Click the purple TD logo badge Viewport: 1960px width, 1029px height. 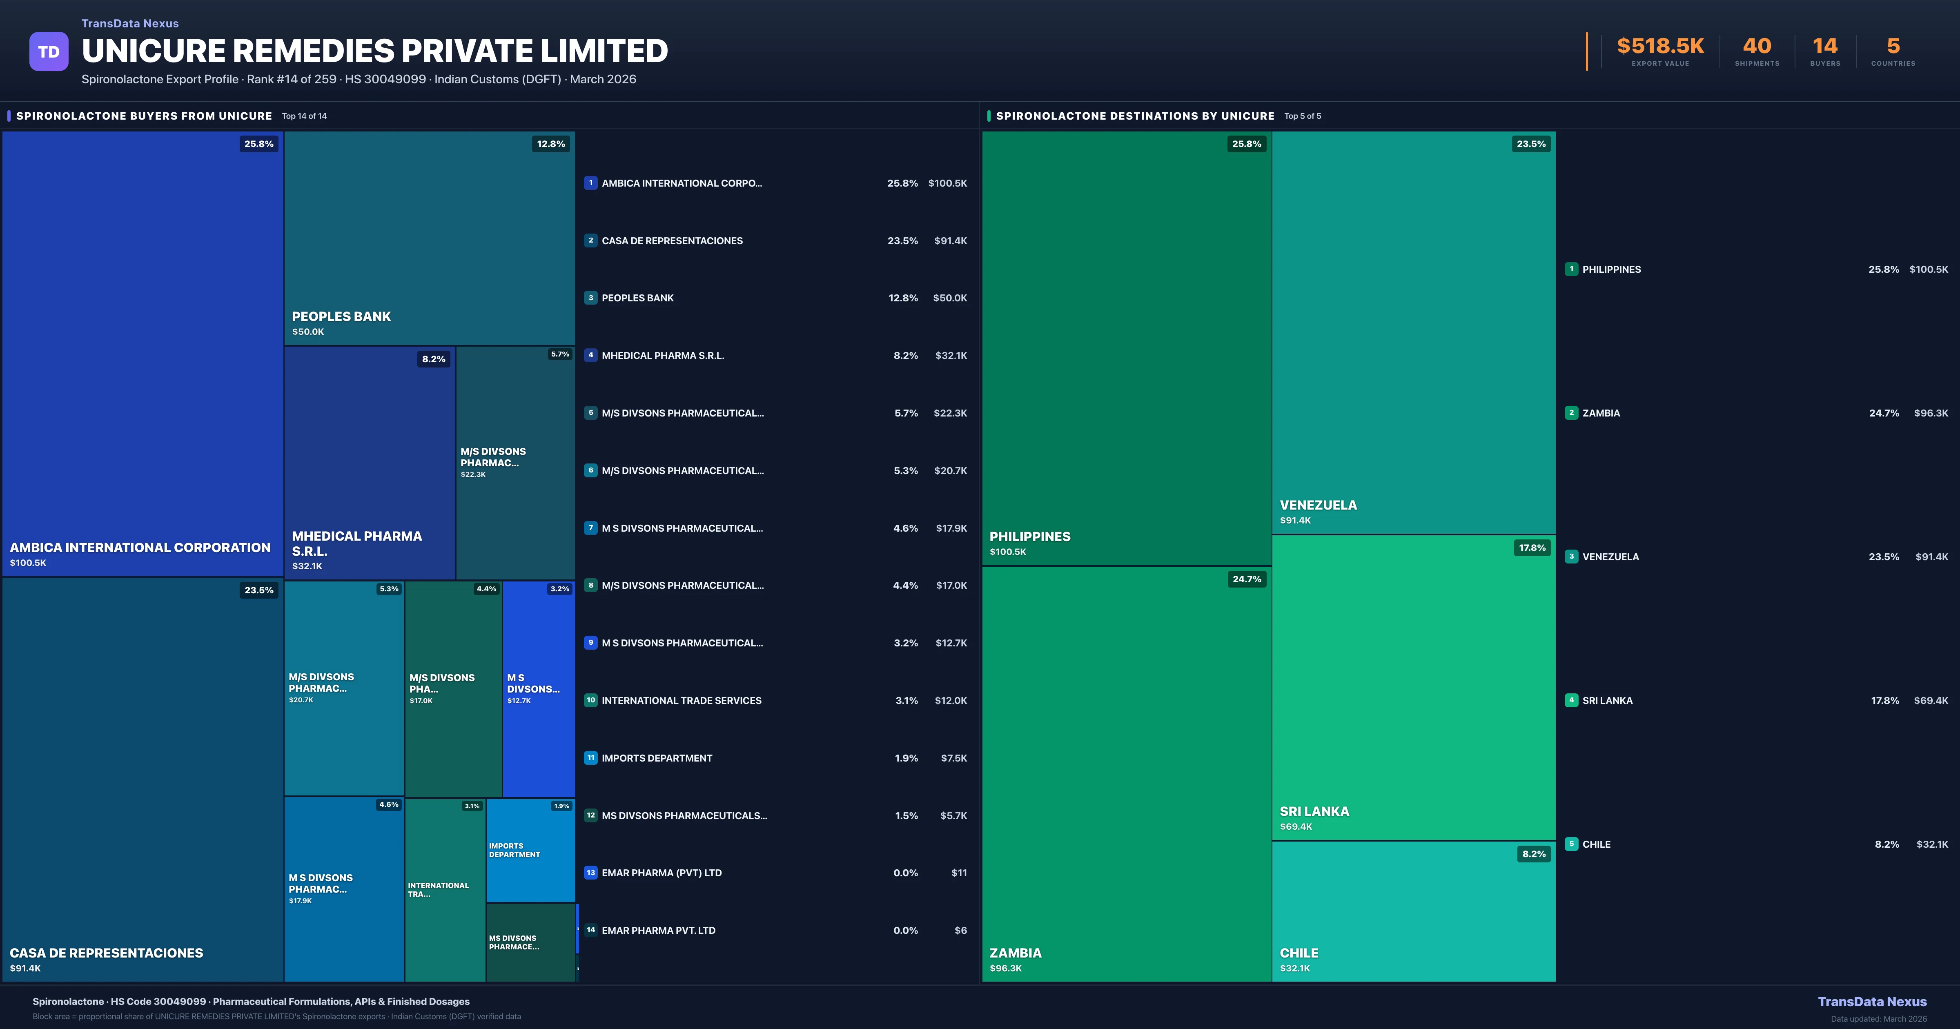point(49,52)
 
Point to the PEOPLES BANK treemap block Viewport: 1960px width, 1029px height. point(429,238)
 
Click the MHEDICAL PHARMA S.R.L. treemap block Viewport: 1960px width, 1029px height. point(370,463)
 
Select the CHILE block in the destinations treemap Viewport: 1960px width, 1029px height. point(1413,911)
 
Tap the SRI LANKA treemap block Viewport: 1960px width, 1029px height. point(1413,687)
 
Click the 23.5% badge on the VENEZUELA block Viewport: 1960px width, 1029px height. point(1531,144)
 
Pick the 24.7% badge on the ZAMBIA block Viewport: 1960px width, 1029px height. point(1246,579)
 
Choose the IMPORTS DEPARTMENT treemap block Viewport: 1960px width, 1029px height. point(530,850)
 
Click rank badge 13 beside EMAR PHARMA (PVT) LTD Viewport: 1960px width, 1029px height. point(590,873)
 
